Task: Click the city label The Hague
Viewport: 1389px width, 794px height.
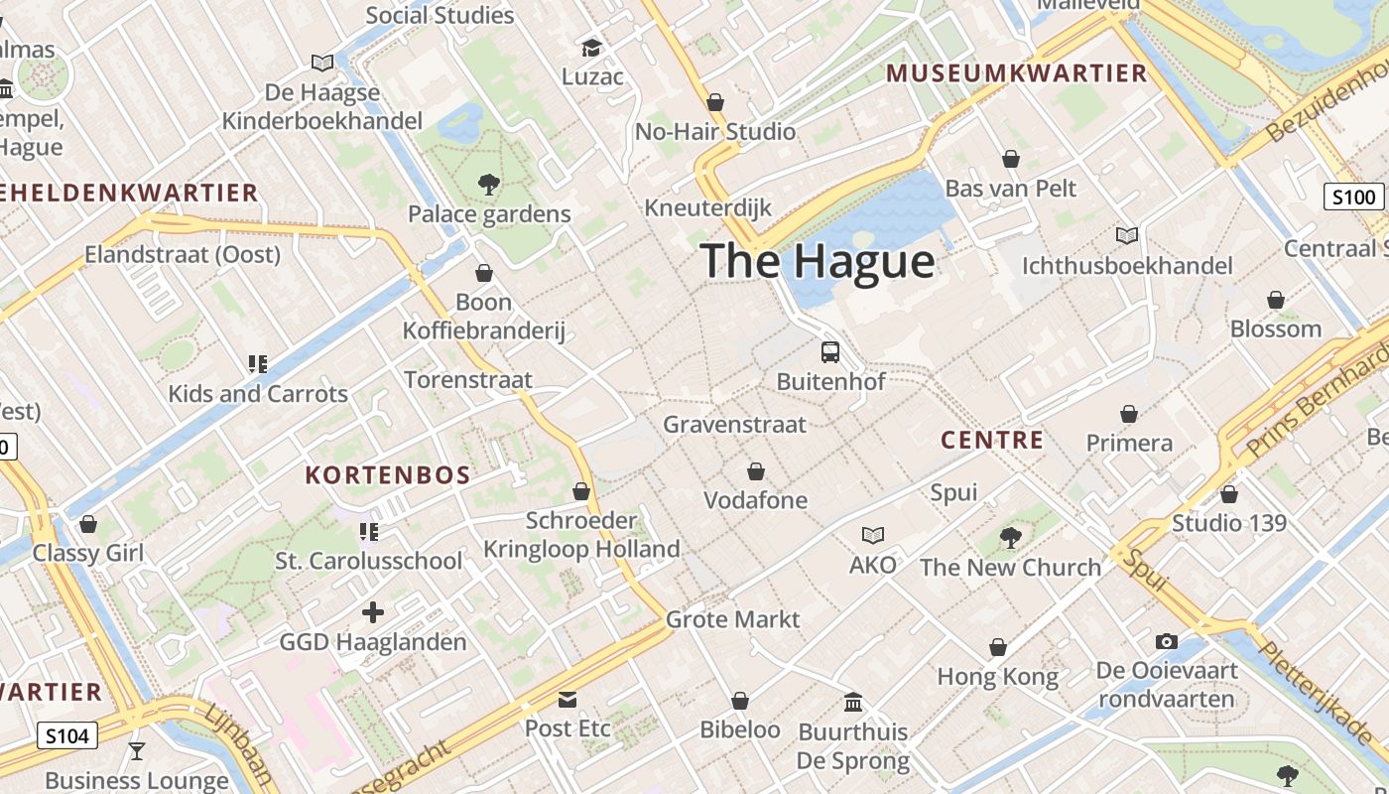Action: point(818,261)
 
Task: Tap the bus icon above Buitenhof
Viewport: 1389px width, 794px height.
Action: point(830,351)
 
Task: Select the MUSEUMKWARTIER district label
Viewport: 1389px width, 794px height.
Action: point(1016,73)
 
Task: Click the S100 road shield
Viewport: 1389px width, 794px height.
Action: point(1354,197)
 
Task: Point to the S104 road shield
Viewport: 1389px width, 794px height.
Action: point(68,735)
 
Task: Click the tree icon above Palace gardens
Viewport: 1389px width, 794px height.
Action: point(488,184)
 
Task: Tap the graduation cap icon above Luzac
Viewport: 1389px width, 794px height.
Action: point(591,48)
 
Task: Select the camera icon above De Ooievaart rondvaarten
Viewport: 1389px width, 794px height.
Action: point(1167,641)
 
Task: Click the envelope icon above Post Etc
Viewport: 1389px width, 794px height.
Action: point(568,699)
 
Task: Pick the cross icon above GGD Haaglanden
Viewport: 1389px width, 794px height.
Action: point(373,612)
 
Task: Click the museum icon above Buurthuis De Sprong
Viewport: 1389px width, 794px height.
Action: point(853,703)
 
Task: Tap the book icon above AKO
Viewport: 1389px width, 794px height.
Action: point(872,536)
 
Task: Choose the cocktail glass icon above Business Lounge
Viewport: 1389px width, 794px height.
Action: point(137,751)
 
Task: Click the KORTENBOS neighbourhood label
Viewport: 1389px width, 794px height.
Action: point(388,475)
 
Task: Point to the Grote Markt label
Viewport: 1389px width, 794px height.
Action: point(732,619)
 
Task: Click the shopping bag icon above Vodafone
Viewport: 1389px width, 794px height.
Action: point(756,471)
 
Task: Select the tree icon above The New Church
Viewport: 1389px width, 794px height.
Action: point(1010,538)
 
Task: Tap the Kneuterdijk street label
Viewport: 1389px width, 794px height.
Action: point(707,207)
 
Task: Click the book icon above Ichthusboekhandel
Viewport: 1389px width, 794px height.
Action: point(1127,236)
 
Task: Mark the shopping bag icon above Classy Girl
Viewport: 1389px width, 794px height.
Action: point(88,524)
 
